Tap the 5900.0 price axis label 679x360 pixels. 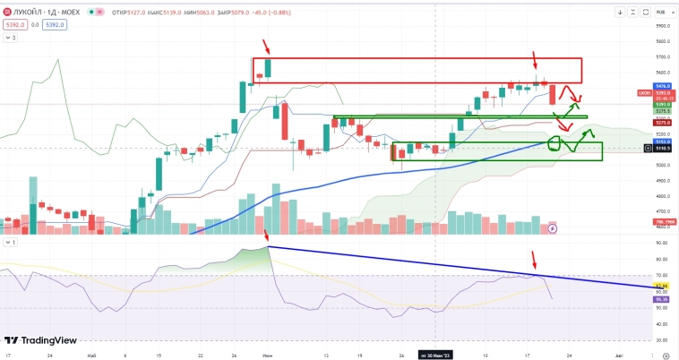pos(664,27)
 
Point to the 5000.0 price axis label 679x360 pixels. pos(664,166)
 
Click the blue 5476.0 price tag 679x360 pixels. pos(664,86)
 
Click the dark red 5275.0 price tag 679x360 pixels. pos(664,123)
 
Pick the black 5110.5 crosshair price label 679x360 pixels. pos(664,149)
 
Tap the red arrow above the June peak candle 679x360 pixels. pos(265,45)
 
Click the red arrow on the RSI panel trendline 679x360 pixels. pos(535,261)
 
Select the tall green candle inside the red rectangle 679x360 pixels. pos(266,67)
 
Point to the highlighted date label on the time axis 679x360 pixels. pos(436,355)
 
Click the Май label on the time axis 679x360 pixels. pos(91,355)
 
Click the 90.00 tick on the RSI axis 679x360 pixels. pos(663,243)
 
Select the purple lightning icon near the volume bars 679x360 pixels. pos(553,228)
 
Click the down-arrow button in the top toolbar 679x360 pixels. pos(620,13)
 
